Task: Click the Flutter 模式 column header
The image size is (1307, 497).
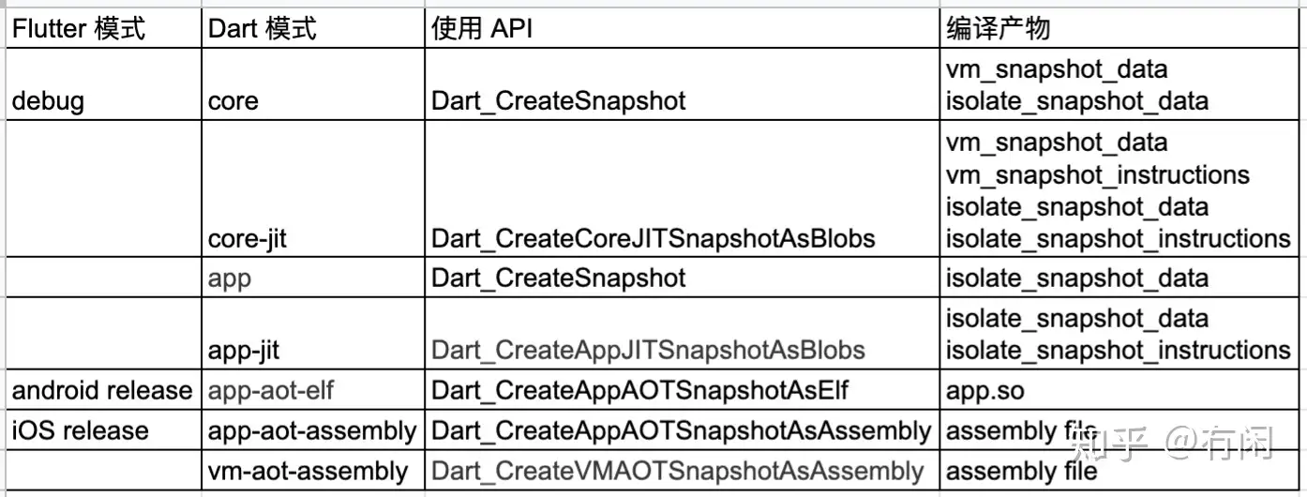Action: coord(79,28)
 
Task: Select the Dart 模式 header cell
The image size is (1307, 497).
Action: coord(263,28)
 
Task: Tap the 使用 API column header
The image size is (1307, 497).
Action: coord(482,28)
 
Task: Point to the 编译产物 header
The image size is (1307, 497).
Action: coord(998,28)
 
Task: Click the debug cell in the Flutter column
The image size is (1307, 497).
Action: coord(48,101)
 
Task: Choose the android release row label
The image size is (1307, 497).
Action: coord(101,390)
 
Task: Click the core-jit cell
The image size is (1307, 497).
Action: coord(248,238)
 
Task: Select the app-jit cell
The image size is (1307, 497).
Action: coord(244,351)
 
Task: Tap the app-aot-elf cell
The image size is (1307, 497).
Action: coord(271,390)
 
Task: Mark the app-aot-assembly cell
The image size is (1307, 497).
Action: coord(312,431)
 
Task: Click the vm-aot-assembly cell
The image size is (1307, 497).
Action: coord(308,471)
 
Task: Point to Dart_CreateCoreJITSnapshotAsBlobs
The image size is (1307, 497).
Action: coord(653,238)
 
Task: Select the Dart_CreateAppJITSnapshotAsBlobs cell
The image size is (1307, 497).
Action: coord(648,351)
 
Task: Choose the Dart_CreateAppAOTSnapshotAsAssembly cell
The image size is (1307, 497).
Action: coord(682,431)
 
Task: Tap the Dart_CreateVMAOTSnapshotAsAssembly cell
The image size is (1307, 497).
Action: coord(678,471)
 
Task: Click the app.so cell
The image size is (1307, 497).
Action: coord(984,390)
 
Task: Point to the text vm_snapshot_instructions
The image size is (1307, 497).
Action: coord(1098,175)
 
